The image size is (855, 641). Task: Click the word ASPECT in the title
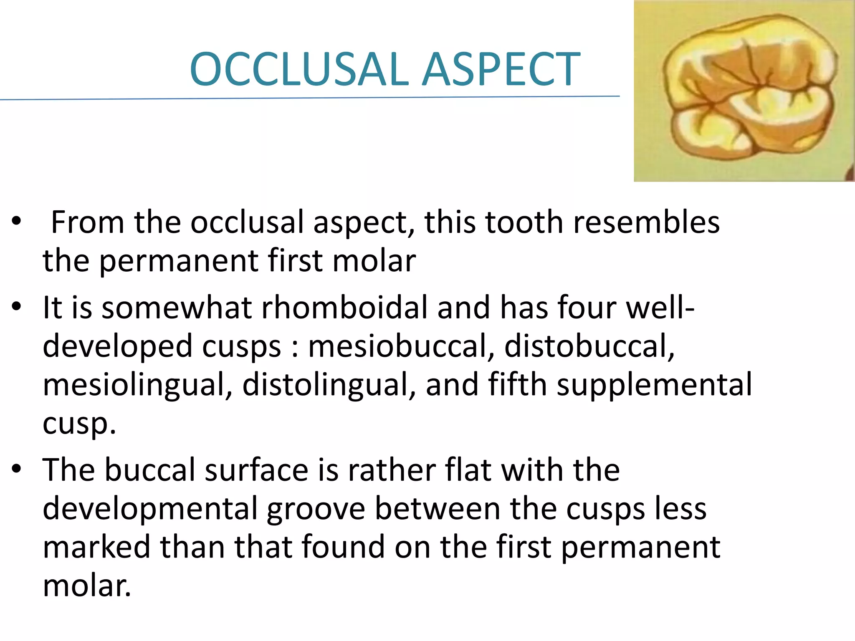pyautogui.click(x=501, y=69)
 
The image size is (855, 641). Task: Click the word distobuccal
pyautogui.click(x=589, y=346)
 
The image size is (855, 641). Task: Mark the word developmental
pyautogui.click(x=149, y=509)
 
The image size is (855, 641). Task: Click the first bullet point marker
pyautogui.click(x=16, y=221)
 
